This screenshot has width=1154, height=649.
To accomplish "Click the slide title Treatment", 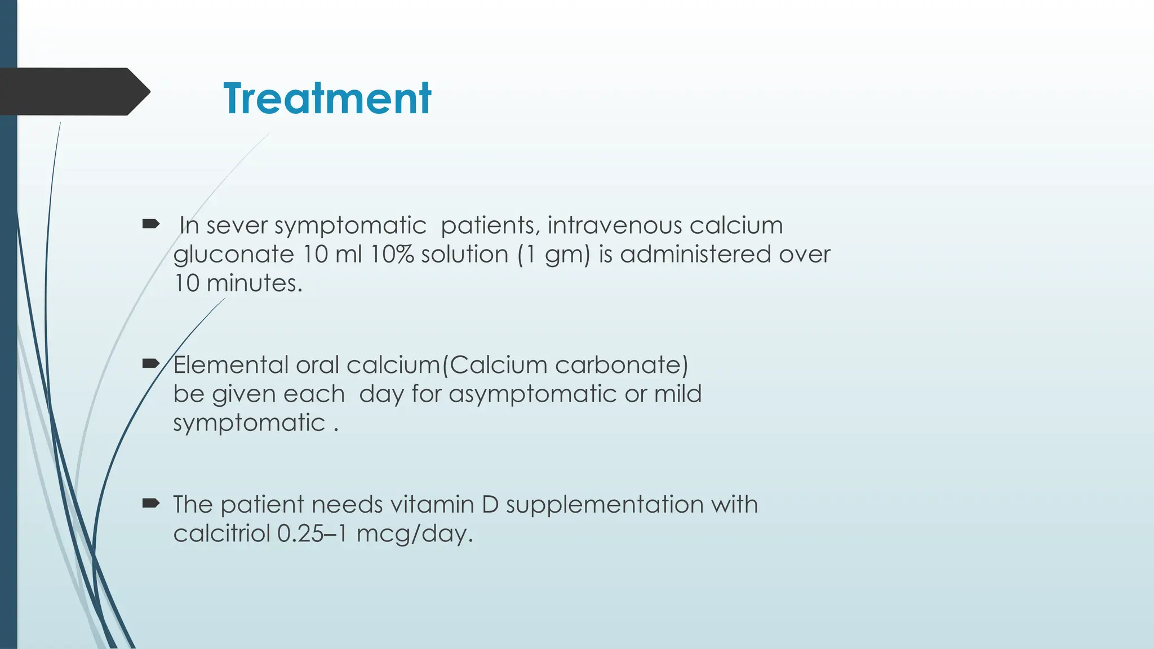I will [x=327, y=98].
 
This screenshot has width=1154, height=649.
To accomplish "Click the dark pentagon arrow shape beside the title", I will [x=73, y=91].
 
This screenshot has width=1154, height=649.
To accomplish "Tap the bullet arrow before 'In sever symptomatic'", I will [x=150, y=224].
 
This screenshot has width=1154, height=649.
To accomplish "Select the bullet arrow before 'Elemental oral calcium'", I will [x=150, y=364].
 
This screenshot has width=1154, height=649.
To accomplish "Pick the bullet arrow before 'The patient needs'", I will [x=150, y=503].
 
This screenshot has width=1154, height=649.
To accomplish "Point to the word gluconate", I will [x=233, y=255].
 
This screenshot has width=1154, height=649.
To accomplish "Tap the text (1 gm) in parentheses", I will [x=553, y=255].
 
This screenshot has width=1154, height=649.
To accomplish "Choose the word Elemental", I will [x=230, y=365].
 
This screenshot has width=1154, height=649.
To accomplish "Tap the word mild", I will [x=678, y=394].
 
